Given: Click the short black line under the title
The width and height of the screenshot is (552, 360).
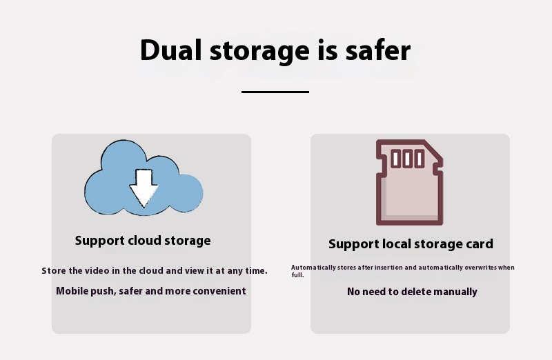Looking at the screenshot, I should [275, 91].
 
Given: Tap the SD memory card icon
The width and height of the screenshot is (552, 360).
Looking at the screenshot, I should [409, 183].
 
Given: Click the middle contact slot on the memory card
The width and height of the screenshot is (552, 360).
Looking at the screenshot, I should [408, 159].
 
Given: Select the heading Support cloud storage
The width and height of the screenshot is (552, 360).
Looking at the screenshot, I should [143, 241].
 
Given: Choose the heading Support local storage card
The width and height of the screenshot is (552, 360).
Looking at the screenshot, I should [411, 244].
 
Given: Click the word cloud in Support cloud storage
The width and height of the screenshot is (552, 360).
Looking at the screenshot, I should [145, 241].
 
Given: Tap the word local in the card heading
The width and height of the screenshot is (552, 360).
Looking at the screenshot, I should [400, 244].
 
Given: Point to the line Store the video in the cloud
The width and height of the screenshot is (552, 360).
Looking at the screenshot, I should [155, 270].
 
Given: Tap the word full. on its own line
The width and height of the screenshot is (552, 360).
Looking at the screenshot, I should [297, 275].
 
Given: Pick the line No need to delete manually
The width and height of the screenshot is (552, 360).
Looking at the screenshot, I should [412, 292].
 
